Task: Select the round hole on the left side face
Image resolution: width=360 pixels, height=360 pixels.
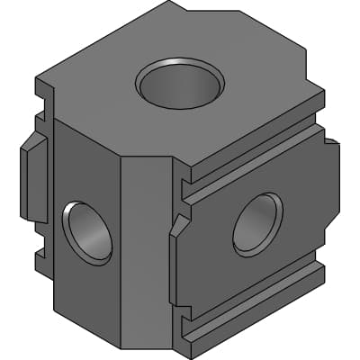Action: tap(87, 232)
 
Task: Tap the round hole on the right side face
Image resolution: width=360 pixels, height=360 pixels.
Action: tap(258, 222)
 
